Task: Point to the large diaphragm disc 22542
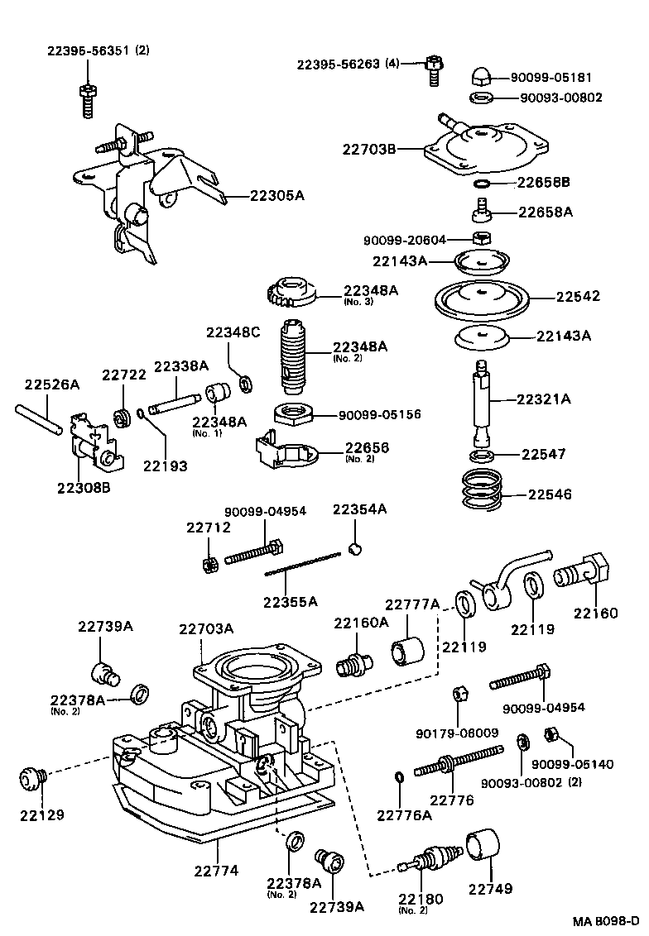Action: (480, 296)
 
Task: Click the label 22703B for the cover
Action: (370, 149)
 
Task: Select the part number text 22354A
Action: (359, 509)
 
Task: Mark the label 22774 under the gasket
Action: (216, 871)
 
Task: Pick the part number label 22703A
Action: (205, 628)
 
